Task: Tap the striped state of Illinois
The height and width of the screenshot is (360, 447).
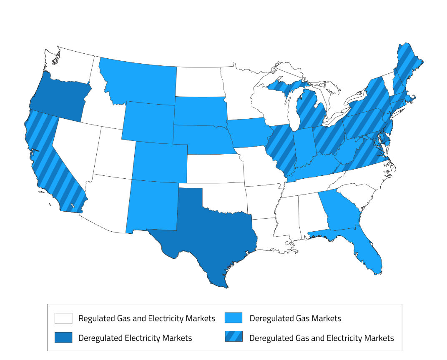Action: [x=281, y=148]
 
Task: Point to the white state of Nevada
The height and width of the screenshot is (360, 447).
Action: [x=75, y=146]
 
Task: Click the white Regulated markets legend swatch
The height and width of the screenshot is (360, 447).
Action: [x=63, y=318]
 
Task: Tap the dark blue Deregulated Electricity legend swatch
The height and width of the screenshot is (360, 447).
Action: [x=63, y=337]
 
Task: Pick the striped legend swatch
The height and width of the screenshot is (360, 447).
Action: [x=234, y=337]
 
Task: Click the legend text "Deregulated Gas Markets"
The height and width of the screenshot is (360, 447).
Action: [x=295, y=318]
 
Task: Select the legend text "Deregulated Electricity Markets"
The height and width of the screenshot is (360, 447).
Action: [x=135, y=337]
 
